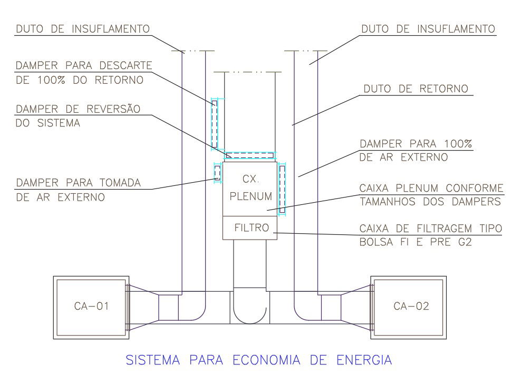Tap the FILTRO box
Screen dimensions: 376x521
click(252, 228)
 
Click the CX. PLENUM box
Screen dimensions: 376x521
click(250, 188)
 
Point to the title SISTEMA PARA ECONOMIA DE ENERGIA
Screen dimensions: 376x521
click(258, 360)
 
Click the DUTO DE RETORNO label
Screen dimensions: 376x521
click(415, 88)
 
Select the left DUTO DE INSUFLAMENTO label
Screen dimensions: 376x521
click(83, 28)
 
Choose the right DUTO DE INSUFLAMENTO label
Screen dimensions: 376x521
click(428, 28)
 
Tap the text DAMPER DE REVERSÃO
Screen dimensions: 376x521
click(78, 109)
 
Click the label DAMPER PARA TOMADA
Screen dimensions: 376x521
click(79, 183)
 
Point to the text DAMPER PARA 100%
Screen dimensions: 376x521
click(416, 144)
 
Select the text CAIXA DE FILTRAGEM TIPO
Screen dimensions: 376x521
click(430, 229)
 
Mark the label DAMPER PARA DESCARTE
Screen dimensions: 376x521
click(84, 66)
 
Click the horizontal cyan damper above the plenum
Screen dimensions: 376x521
click(250, 155)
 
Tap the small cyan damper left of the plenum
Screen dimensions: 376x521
click(217, 172)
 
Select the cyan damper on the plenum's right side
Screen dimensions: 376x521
click(282, 189)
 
